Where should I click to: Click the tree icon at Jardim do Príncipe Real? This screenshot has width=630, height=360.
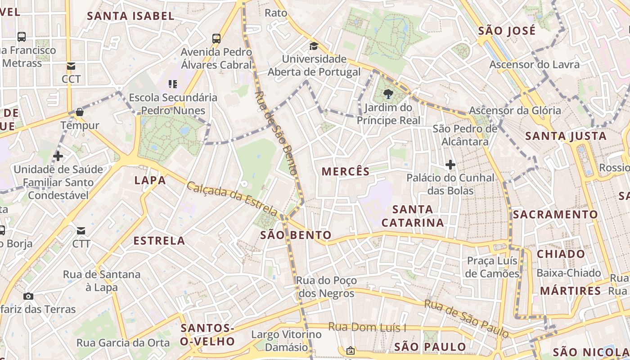point(388,94)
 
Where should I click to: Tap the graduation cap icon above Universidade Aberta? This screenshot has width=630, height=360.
point(314,46)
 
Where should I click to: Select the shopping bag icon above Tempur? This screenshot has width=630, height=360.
point(80,112)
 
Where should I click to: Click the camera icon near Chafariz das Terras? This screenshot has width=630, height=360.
point(28,296)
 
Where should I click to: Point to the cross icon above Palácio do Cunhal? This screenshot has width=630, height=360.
point(450,165)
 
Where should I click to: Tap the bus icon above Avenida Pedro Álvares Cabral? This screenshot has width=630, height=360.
point(216,39)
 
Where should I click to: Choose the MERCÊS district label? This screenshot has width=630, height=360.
point(346,171)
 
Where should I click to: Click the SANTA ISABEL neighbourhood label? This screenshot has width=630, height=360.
point(130,16)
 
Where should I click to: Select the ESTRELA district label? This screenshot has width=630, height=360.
point(159,241)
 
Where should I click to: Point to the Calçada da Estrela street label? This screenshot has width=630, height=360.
point(232,198)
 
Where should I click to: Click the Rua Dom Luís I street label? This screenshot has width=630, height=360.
point(367,327)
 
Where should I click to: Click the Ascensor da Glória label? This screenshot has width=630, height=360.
point(515,111)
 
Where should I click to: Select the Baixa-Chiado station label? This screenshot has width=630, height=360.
point(568,273)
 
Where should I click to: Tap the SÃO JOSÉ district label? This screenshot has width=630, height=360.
point(507,31)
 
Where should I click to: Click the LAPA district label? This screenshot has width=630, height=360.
point(150,180)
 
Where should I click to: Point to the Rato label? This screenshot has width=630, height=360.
point(275,13)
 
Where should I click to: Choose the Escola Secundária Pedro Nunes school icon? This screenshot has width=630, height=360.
point(173,84)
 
